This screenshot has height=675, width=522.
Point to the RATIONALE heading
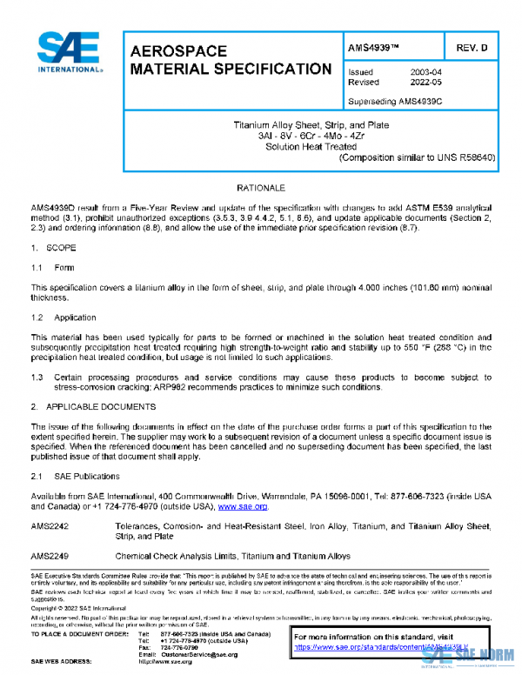point(261,188)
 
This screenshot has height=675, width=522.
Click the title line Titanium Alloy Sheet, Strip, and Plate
point(315,125)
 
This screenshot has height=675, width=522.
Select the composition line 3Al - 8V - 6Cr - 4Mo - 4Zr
point(315,136)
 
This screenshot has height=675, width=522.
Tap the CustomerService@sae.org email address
point(199,654)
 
